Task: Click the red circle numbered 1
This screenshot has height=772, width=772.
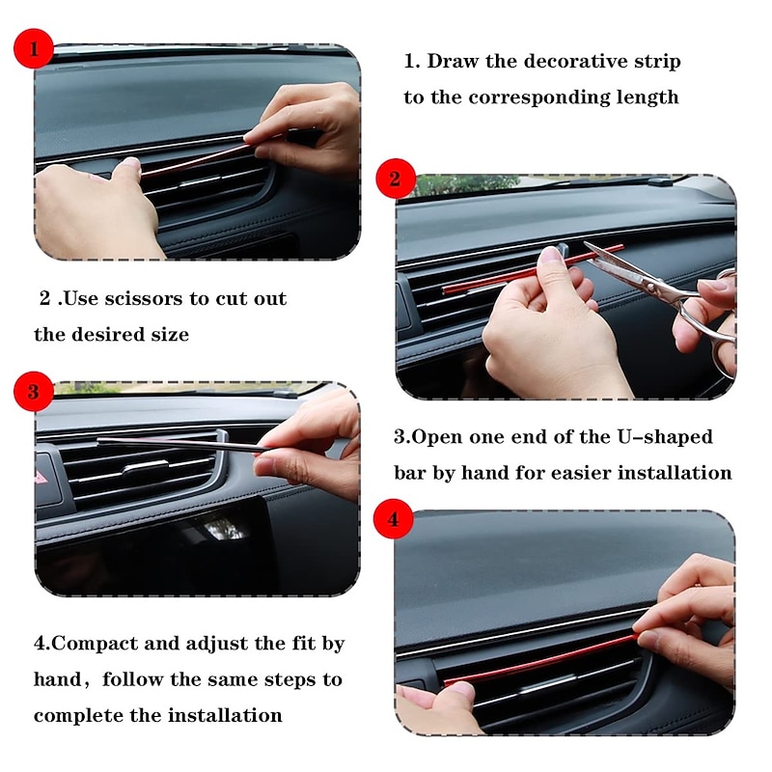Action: (34, 48)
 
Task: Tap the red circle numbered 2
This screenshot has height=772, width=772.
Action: (396, 179)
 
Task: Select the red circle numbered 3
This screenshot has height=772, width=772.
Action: (33, 392)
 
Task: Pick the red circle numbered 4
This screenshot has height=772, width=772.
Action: (393, 519)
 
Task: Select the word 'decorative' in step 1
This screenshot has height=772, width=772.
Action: (557, 61)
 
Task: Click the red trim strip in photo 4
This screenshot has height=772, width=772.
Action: (541, 660)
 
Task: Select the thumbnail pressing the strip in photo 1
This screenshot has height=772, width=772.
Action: (130, 163)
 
